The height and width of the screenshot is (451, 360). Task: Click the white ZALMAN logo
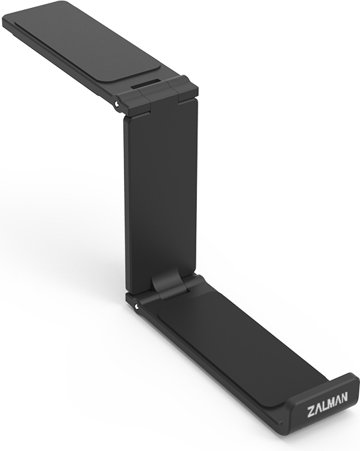(x=328, y=402)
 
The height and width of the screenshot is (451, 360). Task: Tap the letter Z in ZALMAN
(x=311, y=407)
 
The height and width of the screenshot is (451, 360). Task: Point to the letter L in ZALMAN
(x=325, y=403)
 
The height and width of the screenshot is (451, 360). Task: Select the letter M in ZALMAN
(x=331, y=401)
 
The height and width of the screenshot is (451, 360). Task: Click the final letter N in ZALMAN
(x=345, y=397)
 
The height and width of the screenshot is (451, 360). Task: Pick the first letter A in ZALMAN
(x=318, y=405)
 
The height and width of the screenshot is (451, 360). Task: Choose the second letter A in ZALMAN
(x=338, y=399)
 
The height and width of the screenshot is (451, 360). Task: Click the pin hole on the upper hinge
(x=116, y=103)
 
